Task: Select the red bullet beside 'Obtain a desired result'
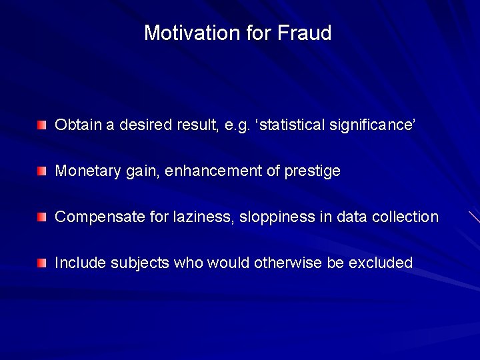[x=43, y=125]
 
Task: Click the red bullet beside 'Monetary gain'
[x=43, y=171]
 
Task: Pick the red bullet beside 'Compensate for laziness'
[x=43, y=217]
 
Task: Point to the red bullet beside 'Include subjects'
[x=43, y=263]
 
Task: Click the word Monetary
[x=84, y=171]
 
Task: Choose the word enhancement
[x=212, y=171]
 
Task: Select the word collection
[x=408, y=217]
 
